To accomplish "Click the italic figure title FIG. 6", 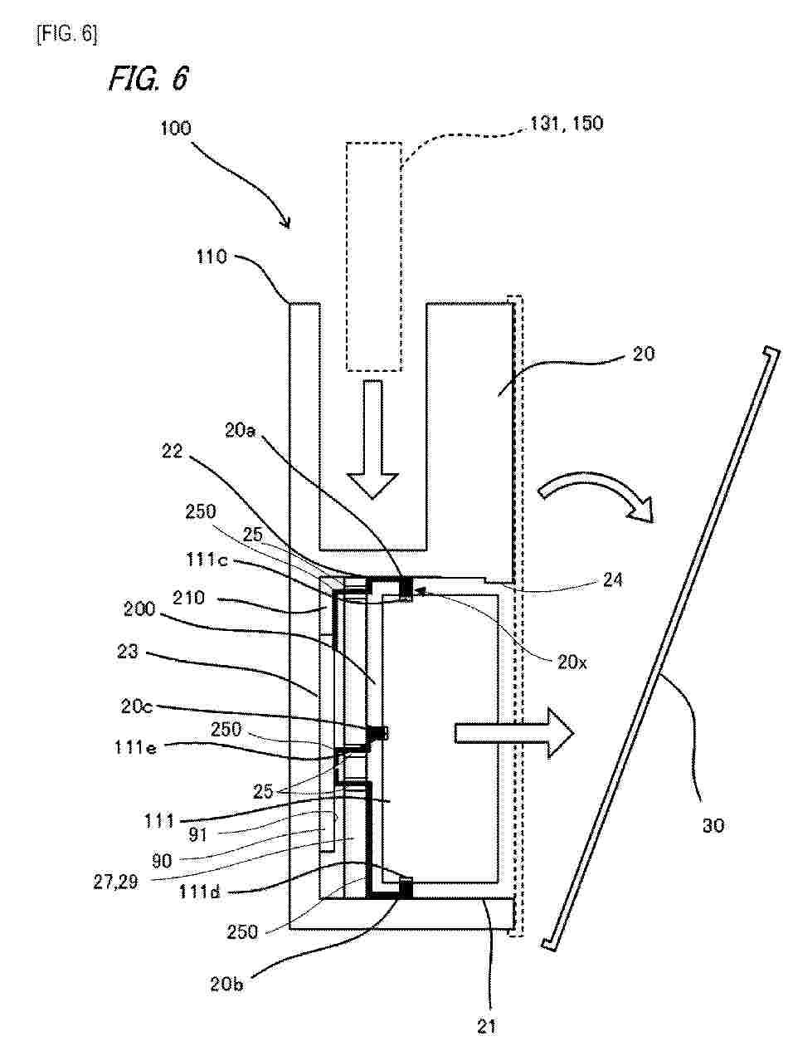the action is pos(148,79).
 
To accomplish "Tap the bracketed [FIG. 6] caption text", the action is pos(67,35).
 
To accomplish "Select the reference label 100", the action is pos(176,129).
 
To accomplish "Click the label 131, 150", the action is pos(566,124).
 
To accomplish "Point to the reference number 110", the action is pos(212,257).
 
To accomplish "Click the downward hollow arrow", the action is pos(372,439).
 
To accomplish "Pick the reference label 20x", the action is pos(572,662).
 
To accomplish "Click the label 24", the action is pos(613,580).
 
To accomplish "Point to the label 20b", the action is pos(226,984).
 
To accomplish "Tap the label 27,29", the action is pos(116,882).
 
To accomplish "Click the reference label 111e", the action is pos(135,747).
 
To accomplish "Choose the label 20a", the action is pos(240,431).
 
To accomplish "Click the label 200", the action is pos(139,609).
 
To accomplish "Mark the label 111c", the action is pos(207,560).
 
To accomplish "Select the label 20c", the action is pos(137,706).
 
